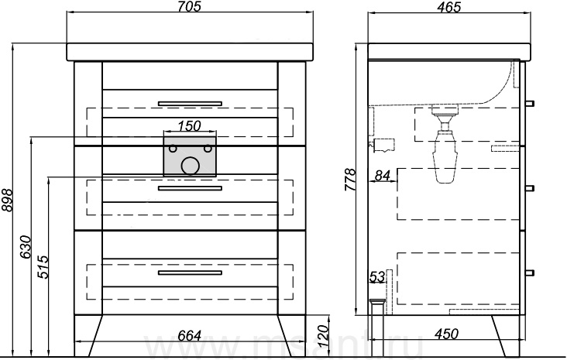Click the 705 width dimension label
189,7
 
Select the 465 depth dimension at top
448,7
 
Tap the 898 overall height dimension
7,201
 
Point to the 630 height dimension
25,246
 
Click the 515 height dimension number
43,266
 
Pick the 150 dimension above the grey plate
189,125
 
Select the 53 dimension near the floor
377,276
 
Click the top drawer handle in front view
190,103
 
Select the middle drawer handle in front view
190,187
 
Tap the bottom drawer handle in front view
190,273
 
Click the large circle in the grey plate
189,164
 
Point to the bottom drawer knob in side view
531,272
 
